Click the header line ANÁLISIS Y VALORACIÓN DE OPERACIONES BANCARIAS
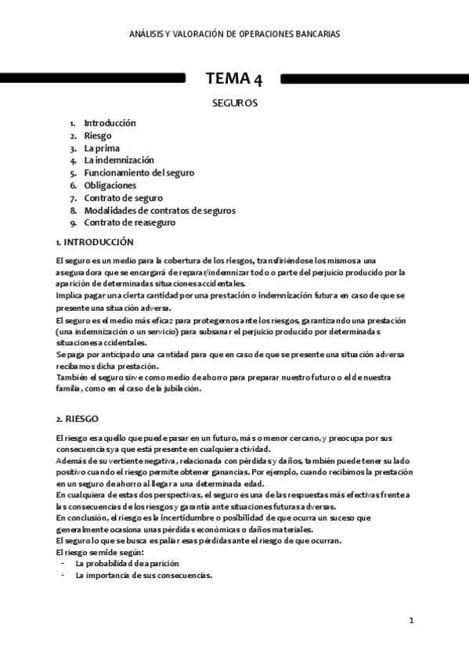pyautogui.click(x=235, y=34)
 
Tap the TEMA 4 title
pyautogui.click(x=234, y=78)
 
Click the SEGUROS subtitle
pyautogui.click(x=235, y=103)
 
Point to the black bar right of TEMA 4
pyautogui.click(x=374, y=79)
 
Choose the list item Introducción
pyautogui.click(x=110, y=123)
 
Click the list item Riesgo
pyautogui.click(x=98, y=135)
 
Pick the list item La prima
pyautogui.click(x=100, y=148)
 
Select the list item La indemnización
pyautogui.click(x=119, y=161)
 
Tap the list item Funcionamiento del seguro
pyautogui.click(x=139, y=173)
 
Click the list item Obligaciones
pyautogui.click(x=110, y=186)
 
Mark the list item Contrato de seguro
pyautogui.click(x=123, y=198)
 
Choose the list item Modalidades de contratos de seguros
pyautogui.click(x=160, y=211)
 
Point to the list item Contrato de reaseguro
pyautogui.click(x=129, y=223)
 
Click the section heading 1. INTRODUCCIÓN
pyautogui.click(x=95, y=242)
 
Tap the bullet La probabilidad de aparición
pyautogui.click(x=127, y=563)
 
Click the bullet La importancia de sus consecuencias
pyautogui.click(x=143, y=575)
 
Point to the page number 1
pyautogui.click(x=411, y=621)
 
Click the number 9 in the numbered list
pyautogui.click(x=72, y=223)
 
